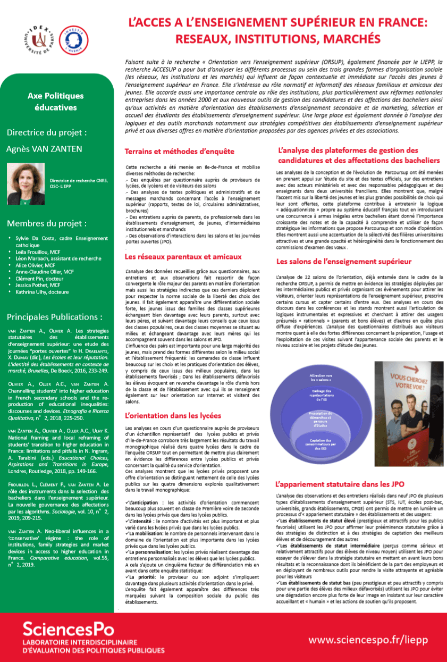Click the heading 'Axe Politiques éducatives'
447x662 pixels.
[x=55, y=102]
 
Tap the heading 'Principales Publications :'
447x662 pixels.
[x=55, y=317]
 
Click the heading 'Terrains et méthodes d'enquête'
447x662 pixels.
[x=179, y=152]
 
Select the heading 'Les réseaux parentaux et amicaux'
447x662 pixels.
[x=183, y=257]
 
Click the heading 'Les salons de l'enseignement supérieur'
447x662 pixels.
[x=343, y=261]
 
